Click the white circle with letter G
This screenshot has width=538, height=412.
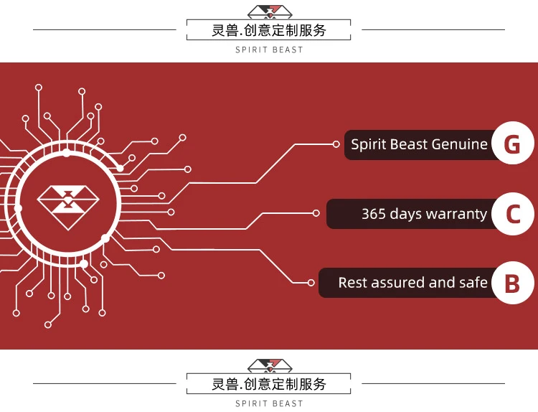[x=512, y=144]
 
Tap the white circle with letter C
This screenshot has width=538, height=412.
[x=512, y=214]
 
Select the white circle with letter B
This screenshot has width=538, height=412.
[x=512, y=283]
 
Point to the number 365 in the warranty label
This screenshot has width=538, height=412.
[x=374, y=214]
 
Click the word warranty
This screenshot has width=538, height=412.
[x=456, y=214]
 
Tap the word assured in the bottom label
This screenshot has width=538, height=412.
[x=401, y=283]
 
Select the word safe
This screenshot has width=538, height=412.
[x=473, y=283]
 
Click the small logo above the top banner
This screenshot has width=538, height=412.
[x=269, y=11]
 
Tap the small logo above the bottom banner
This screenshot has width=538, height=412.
[x=269, y=365]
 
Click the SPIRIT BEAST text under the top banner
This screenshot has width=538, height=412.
[x=269, y=50]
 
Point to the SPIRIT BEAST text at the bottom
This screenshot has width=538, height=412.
[x=269, y=404]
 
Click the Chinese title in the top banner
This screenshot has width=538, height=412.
[x=269, y=30]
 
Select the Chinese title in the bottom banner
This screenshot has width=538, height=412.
[x=269, y=384]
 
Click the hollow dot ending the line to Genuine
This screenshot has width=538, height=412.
[x=336, y=144]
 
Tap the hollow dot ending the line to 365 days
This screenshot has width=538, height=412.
[x=316, y=213]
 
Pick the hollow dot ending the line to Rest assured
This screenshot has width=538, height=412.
[x=311, y=283]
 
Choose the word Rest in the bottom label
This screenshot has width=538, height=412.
[x=352, y=283]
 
